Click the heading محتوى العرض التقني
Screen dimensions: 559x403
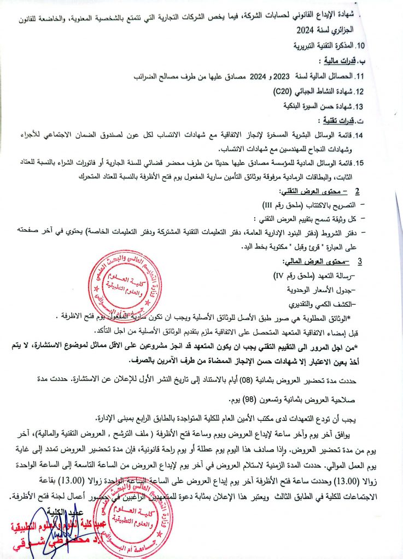tap(308, 192)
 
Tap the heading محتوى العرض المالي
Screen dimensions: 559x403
tap(309, 261)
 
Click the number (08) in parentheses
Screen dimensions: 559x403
tap(231, 378)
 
